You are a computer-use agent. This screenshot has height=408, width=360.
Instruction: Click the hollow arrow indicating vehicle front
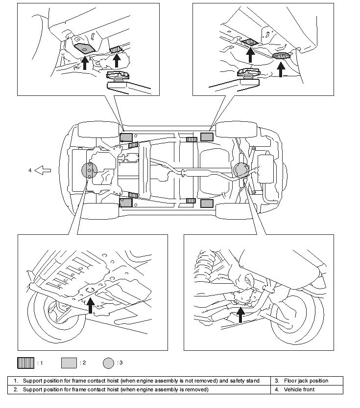[43, 170]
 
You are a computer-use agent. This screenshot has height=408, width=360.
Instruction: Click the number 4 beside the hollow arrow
[30, 170]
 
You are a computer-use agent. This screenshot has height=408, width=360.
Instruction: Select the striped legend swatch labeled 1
[25, 363]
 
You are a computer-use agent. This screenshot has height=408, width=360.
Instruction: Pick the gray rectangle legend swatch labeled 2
[69, 363]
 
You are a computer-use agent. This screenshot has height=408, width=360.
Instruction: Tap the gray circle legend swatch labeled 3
[108, 363]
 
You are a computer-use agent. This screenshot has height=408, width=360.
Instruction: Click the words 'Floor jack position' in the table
[306, 381]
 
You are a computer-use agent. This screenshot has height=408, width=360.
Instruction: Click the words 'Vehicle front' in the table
[299, 389]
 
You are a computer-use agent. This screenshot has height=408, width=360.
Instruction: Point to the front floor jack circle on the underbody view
[89, 170]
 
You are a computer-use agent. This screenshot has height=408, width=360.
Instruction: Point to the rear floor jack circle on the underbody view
[241, 170]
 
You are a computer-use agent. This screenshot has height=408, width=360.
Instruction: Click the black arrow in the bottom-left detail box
[91, 305]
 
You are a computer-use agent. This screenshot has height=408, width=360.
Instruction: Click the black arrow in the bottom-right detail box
[240, 315]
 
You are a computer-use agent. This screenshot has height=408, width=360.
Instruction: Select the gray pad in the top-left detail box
[84, 48]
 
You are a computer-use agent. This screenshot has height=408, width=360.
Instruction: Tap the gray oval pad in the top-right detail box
[281, 56]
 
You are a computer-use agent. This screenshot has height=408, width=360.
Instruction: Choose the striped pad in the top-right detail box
[250, 42]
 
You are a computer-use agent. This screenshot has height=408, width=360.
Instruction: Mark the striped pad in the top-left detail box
[116, 49]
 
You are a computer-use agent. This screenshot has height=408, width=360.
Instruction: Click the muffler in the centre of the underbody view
[198, 173]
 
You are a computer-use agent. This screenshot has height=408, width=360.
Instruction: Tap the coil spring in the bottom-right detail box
[204, 263]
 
